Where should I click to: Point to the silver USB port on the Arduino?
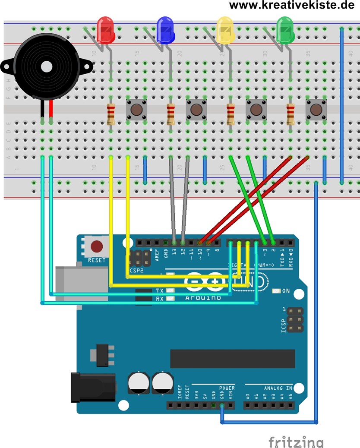(x=81, y=285)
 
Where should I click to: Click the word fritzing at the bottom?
(x=296, y=442)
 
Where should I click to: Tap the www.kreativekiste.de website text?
(x=294, y=5)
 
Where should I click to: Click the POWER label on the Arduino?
(x=227, y=388)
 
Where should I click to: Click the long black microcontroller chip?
(x=233, y=358)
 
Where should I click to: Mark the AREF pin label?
(x=157, y=255)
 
